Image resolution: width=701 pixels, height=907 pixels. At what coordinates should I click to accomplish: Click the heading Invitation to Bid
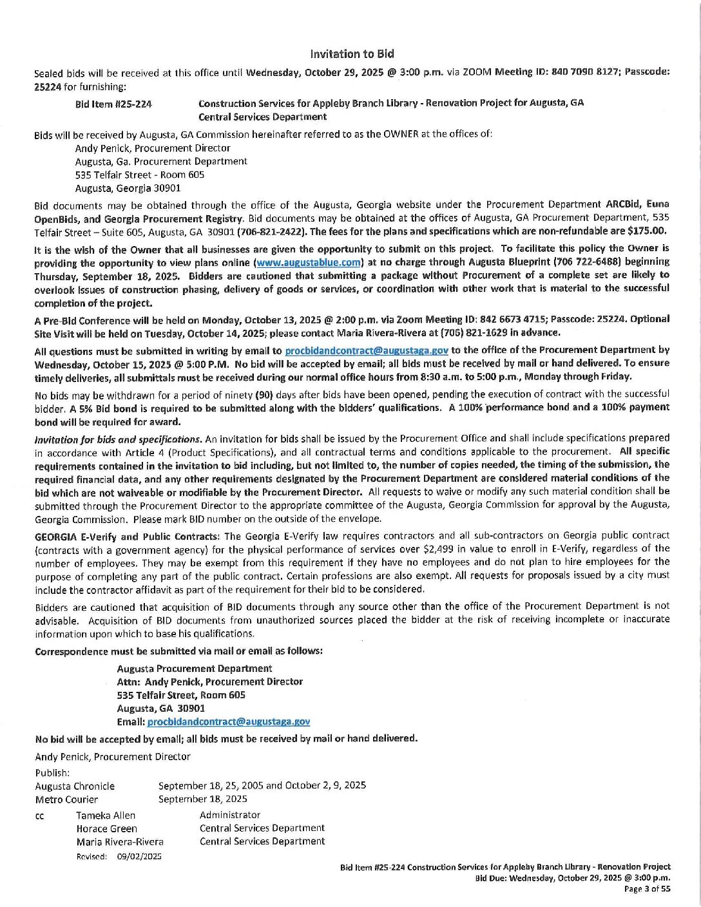coord(352,54)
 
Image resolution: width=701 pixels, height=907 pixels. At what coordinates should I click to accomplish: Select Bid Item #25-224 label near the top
coord(113,104)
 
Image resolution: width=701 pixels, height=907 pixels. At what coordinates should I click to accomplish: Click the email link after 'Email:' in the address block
coord(229,722)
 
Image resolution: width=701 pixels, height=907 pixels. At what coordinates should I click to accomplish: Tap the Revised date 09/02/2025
coord(139,857)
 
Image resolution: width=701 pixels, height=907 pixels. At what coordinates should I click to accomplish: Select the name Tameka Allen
coord(106,816)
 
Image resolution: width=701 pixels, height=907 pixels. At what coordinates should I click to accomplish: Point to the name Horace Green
coord(106,829)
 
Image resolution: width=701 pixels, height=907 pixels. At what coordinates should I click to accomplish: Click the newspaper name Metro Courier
coord(66,799)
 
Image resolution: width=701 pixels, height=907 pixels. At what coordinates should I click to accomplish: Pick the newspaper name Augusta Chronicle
coord(75,787)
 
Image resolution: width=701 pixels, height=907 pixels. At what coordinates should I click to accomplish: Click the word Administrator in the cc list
coord(230,816)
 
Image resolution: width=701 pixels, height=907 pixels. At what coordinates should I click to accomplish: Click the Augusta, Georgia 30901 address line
coord(128,188)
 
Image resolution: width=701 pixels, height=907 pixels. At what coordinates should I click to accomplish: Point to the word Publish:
coord(52,773)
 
